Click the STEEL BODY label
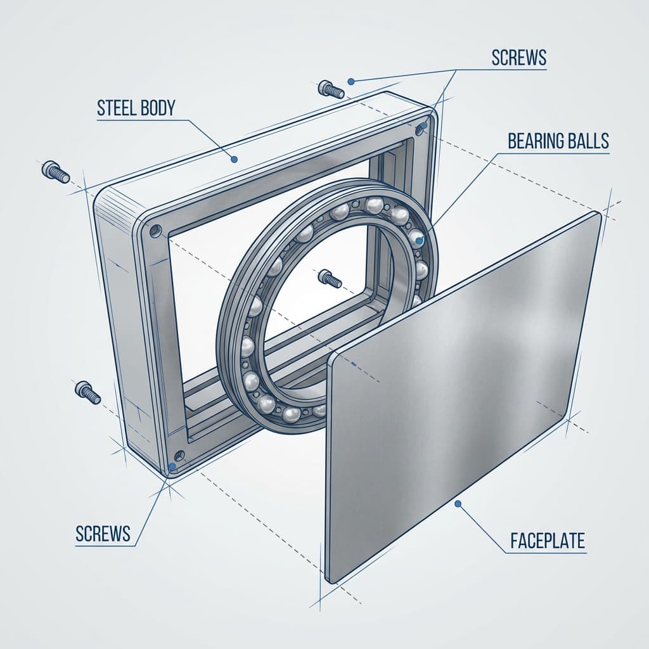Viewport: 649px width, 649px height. click(x=136, y=108)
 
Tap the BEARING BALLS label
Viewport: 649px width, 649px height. click(x=558, y=141)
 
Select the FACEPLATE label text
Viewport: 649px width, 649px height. click(x=548, y=541)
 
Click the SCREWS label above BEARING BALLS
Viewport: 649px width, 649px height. click(x=519, y=58)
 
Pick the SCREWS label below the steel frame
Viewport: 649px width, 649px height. click(x=103, y=534)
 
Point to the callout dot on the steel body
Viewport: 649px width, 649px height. click(x=235, y=159)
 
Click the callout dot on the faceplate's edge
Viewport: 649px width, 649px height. click(x=458, y=504)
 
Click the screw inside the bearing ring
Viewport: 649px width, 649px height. click(x=330, y=278)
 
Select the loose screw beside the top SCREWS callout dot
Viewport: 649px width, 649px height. click(x=331, y=89)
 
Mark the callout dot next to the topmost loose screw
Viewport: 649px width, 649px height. click(x=351, y=82)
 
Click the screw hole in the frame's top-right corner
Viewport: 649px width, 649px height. click(x=421, y=127)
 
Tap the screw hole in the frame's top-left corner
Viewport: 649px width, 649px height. click(x=156, y=231)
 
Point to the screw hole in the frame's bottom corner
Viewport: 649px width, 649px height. click(x=179, y=455)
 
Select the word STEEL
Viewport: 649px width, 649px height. click(x=117, y=108)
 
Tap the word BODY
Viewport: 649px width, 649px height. click(x=158, y=108)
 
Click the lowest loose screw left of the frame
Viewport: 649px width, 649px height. click(x=87, y=392)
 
